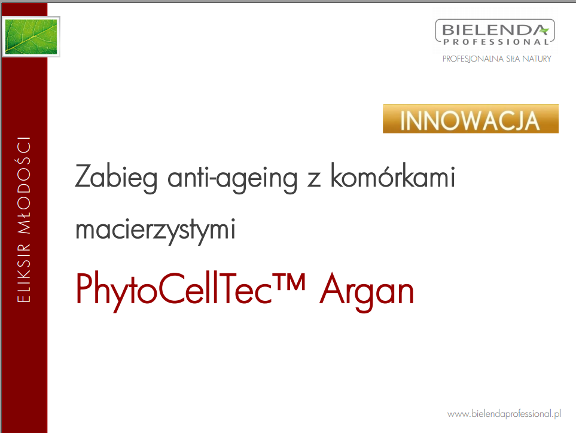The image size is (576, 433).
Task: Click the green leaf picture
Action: pyautogui.click(x=31, y=36)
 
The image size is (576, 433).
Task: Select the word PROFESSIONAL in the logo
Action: pyautogui.click(x=496, y=42)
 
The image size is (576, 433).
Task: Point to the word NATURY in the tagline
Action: pyautogui.click(x=537, y=59)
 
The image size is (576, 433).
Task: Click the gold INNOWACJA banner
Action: pyautogui.click(x=471, y=118)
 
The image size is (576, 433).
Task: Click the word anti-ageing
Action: pyautogui.click(x=232, y=178)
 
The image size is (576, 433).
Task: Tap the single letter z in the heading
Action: pyautogui.click(x=314, y=181)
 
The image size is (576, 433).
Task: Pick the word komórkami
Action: pyautogui.click(x=393, y=176)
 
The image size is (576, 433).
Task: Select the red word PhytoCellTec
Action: pyautogui.click(x=174, y=290)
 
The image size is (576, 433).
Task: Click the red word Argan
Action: pyautogui.click(x=367, y=292)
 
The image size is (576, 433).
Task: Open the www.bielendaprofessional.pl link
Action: pyautogui.click(x=504, y=414)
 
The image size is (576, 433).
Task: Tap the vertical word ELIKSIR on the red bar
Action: pyautogui.click(x=24, y=273)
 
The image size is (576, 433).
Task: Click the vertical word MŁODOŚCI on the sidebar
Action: pyautogui.click(x=24, y=185)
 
